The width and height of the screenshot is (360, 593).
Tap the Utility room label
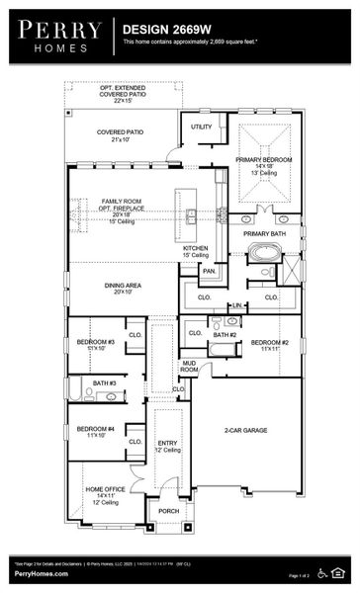pos(202,127)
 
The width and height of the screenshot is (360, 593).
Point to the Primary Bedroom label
pos(264,163)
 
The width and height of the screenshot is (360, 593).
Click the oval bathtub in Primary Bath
pos(264,252)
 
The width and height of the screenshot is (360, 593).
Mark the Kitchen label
pos(196,251)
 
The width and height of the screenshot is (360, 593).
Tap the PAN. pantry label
pos(209,270)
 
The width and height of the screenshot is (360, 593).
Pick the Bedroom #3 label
pos(96,344)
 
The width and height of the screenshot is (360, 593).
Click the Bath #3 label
pos(105,382)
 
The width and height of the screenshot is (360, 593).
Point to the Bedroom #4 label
pos(96,430)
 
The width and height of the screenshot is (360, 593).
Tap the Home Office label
pos(105,492)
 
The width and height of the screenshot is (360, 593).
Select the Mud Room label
pos(189,367)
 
